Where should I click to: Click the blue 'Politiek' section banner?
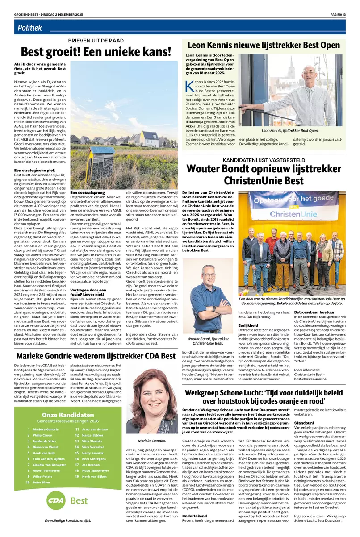point(30,28)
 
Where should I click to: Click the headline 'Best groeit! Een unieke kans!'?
point(96,52)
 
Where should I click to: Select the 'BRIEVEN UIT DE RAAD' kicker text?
point(96,40)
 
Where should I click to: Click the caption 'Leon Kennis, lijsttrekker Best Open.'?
point(290,131)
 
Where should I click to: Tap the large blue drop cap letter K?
point(189,86)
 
